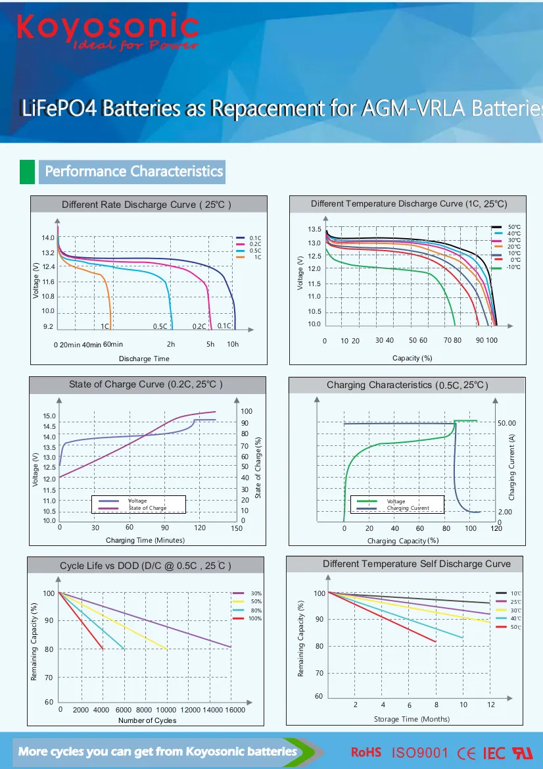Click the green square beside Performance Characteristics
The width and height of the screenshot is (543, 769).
(x=27, y=171)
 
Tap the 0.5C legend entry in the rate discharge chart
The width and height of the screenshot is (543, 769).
(x=255, y=251)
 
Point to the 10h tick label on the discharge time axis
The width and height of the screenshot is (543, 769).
(x=233, y=344)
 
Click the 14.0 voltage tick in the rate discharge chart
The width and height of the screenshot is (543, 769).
(x=48, y=238)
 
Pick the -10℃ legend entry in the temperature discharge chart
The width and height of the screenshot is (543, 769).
(x=513, y=267)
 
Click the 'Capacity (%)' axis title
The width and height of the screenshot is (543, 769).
(x=412, y=358)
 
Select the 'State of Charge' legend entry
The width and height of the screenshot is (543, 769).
(x=147, y=508)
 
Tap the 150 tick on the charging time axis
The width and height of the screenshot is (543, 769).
(x=237, y=528)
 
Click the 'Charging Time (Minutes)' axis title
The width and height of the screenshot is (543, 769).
(x=145, y=540)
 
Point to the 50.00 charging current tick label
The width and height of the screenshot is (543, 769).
(x=507, y=423)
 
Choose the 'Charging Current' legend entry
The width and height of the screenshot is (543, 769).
(x=408, y=508)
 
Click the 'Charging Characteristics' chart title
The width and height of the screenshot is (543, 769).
(x=408, y=385)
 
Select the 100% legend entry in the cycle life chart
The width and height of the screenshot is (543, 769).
(x=255, y=618)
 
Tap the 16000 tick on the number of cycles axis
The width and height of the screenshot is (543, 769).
(x=235, y=710)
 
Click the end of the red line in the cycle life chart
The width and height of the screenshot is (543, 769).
(x=103, y=649)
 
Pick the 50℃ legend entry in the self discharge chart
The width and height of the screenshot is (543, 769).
(x=516, y=628)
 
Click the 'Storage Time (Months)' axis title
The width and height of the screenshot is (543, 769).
(x=412, y=719)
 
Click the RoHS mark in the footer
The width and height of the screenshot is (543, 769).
(x=366, y=752)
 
